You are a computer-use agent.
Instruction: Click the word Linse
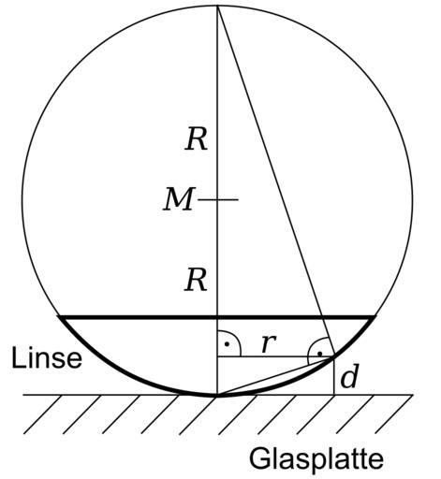click(x=47, y=357)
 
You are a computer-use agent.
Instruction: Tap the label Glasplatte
click(x=316, y=458)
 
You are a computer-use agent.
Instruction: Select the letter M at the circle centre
click(x=178, y=199)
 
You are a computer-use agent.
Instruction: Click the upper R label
click(x=196, y=140)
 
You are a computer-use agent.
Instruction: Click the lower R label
click(x=196, y=280)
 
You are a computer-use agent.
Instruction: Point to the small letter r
click(x=269, y=343)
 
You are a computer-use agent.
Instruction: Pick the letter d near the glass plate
click(x=349, y=377)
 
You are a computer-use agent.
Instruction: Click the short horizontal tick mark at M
click(x=218, y=199)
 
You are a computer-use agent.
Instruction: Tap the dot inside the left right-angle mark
click(x=228, y=344)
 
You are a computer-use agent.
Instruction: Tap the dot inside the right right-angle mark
click(x=319, y=354)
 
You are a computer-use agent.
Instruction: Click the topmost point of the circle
click(x=217, y=6)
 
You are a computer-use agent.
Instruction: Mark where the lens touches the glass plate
click(x=217, y=396)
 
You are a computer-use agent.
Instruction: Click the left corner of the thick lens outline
click(x=60, y=317)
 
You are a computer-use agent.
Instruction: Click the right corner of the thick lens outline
click(x=375, y=317)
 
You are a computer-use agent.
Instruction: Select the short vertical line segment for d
click(x=334, y=376)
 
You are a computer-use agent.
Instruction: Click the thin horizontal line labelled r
click(x=276, y=356)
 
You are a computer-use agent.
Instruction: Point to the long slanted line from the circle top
click(x=276, y=181)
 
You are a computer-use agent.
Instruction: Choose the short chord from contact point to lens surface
click(x=276, y=376)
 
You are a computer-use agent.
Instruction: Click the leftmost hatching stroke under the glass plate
click(x=42, y=414)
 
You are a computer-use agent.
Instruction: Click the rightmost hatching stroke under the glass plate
click(x=393, y=414)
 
